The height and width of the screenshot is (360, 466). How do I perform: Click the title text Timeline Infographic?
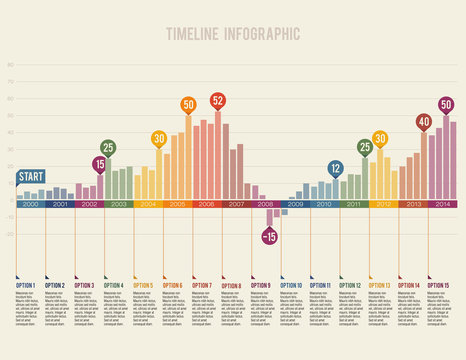pyautogui.click(x=232, y=32)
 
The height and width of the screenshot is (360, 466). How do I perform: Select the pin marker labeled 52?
pyautogui.click(x=218, y=100)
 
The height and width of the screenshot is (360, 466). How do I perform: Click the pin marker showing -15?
pyautogui.click(x=269, y=236)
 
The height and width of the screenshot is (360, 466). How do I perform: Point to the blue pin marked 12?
pyautogui.click(x=335, y=168)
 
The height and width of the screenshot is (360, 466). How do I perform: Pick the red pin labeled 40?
pyautogui.click(x=423, y=121)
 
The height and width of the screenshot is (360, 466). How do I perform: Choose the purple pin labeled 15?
pyautogui.click(x=100, y=163)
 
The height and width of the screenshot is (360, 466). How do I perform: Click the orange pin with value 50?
pyautogui.click(x=188, y=104)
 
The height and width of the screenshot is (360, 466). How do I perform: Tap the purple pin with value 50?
pyautogui.click(x=446, y=104)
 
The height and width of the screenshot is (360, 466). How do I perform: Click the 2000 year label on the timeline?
pyautogui.click(x=30, y=204)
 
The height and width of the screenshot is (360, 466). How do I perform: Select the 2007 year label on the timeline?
pyautogui.click(x=237, y=204)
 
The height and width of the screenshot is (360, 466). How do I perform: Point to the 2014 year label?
pyautogui.click(x=443, y=204)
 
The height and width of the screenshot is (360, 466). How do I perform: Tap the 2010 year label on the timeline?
pyautogui.click(x=325, y=204)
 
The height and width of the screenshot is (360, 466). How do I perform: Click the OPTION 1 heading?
pyautogui.click(x=25, y=285)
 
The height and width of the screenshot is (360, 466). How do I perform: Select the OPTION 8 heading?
pyautogui.click(x=231, y=285)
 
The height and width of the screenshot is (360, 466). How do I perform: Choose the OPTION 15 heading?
pyautogui.click(x=439, y=285)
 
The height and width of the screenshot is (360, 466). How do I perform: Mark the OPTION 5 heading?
pyautogui.click(x=143, y=285)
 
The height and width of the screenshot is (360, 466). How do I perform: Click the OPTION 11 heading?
pyautogui.click(x=320, y=285)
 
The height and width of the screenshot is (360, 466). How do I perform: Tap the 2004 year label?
pyautogui.click(x=148, y=204)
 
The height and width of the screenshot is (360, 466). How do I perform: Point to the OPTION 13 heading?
pyautogui.click(x=380, y=285)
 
